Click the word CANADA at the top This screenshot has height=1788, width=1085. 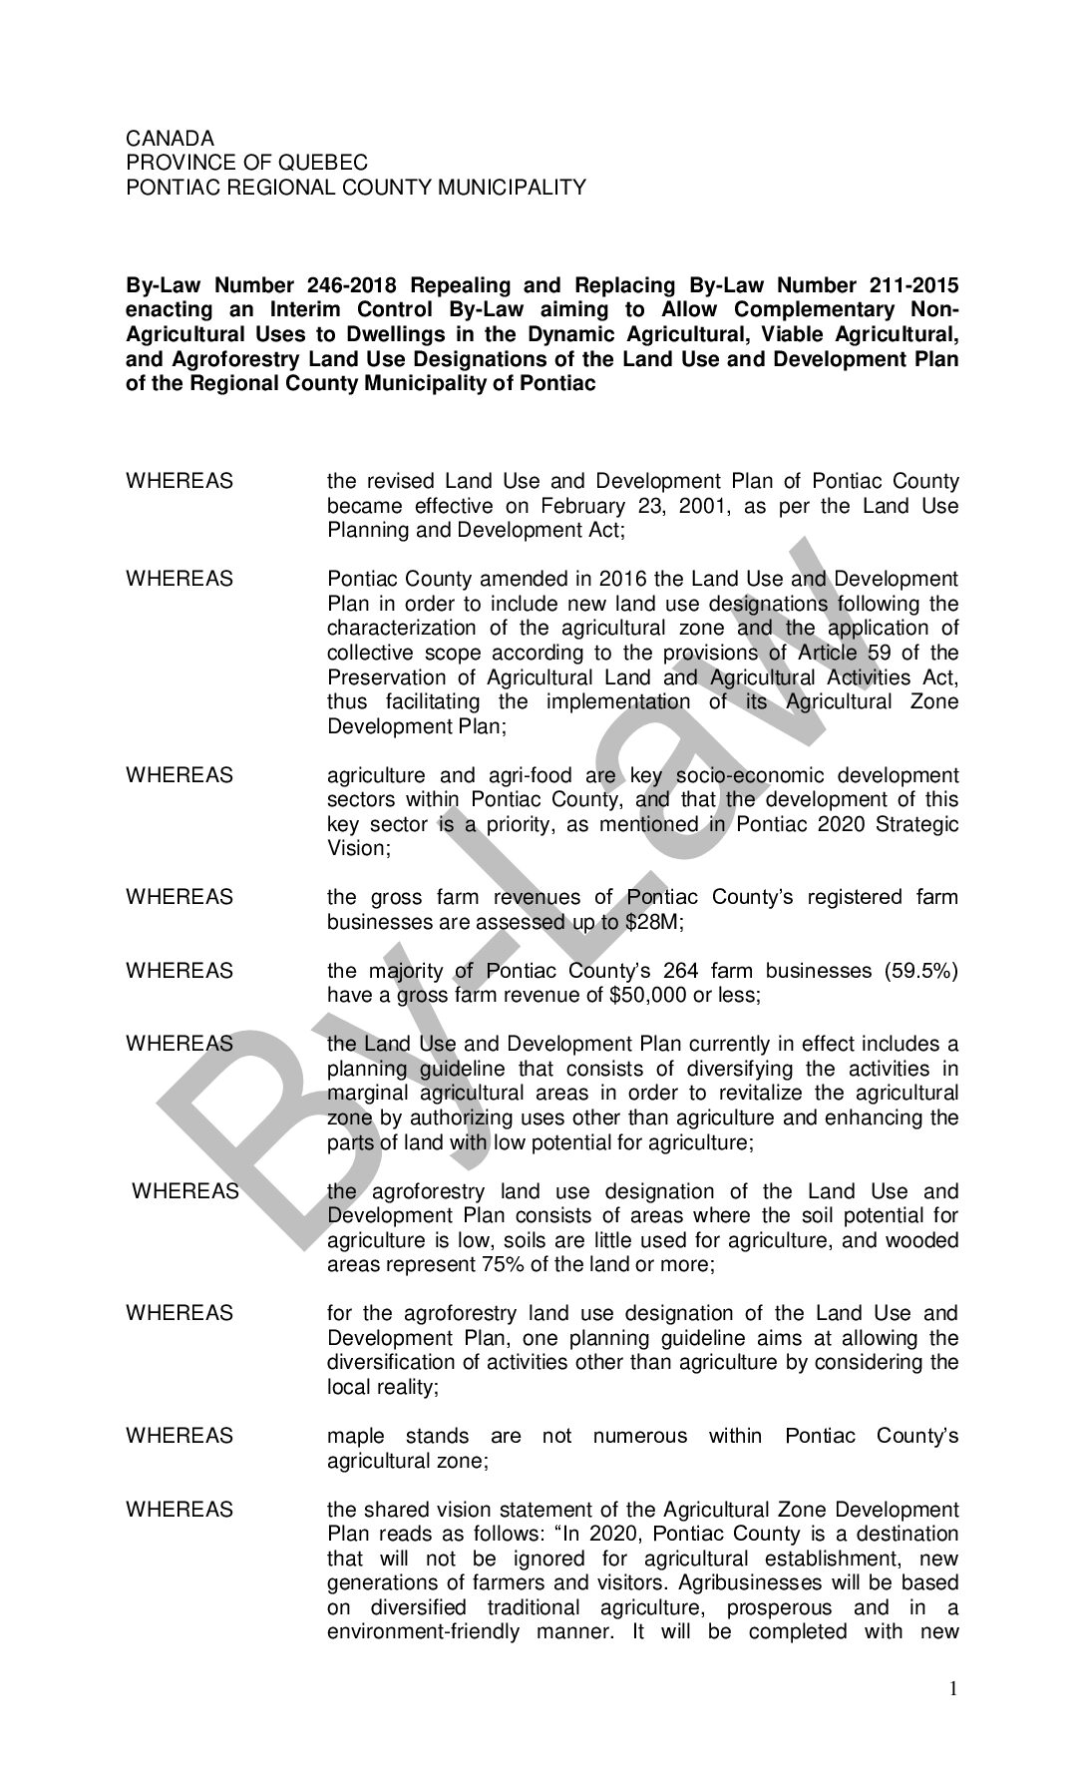tap(170, 139)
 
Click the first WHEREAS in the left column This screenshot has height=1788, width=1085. tap(180, 482)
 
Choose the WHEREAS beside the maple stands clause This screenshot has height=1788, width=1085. tap(180, 1436)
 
